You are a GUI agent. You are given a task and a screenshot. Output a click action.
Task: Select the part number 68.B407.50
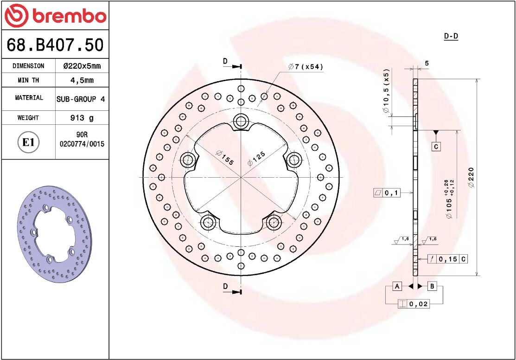55,45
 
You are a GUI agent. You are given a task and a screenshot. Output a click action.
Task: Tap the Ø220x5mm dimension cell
82,66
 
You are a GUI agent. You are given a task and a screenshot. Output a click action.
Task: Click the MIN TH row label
28,80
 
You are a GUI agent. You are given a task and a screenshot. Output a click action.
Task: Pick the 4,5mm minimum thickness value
82,80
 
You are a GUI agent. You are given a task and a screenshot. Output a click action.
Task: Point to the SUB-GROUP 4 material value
81,99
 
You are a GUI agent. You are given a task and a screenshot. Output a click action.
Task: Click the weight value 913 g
82,118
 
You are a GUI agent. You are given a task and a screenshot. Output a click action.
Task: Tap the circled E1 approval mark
28,142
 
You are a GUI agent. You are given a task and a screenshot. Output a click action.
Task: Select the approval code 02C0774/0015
82,144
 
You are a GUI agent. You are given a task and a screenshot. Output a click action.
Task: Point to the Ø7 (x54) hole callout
306,67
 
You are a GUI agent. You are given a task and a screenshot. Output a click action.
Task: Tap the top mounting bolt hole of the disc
241,122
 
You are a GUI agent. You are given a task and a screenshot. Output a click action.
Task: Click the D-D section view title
451,36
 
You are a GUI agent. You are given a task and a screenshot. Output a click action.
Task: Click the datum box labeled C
436,147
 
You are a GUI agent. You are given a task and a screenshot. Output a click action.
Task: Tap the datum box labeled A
397,286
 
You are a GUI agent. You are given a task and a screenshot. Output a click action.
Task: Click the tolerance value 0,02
419,304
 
